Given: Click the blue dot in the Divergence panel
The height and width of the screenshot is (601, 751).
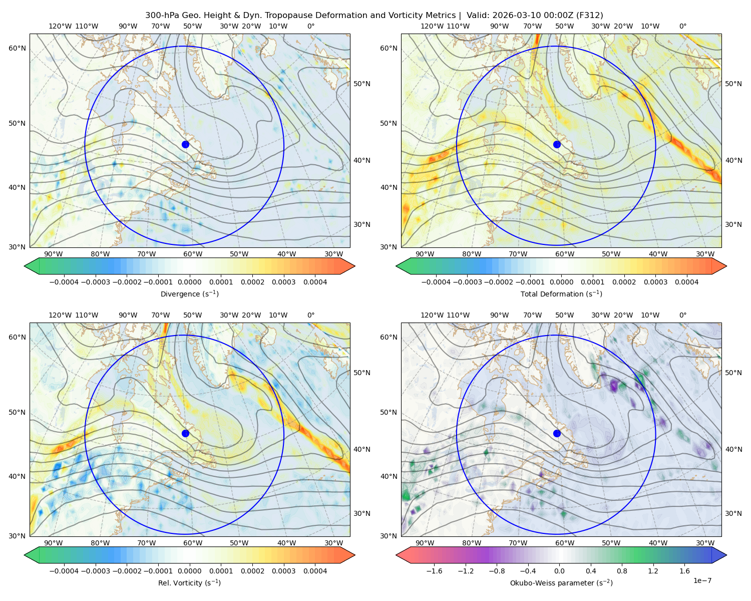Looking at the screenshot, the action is [185, 144].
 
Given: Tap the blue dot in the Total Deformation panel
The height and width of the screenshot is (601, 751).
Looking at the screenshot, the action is [557, 144].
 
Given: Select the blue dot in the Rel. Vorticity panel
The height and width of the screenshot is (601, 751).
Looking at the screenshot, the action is [185, 433].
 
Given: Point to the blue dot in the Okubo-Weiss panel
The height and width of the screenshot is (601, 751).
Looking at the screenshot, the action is [557, 433].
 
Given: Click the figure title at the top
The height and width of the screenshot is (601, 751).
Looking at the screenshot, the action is [374, 16].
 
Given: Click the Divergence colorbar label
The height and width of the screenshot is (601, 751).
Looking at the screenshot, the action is [189, 293].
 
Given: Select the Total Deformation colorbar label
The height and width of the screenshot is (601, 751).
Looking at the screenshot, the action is [561, 293].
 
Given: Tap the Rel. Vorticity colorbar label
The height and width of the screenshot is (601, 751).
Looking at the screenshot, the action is [189, 582].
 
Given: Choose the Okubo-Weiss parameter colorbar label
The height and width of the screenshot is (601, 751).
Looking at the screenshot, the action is [561, 582].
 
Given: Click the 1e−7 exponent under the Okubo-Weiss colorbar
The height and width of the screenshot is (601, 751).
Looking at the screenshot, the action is [702, 580].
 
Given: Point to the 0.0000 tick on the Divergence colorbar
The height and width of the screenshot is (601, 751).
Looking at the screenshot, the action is [189, 282].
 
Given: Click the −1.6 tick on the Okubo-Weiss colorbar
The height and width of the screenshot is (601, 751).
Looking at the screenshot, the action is [434, 571].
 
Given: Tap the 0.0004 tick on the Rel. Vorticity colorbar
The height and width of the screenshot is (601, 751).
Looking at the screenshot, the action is [315, 571].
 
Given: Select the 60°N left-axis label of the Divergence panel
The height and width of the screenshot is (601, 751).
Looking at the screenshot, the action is [17, 48].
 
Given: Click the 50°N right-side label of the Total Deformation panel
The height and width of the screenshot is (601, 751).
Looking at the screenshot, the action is [733, 84].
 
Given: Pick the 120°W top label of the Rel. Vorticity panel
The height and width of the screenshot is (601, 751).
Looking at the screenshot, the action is [60, 315].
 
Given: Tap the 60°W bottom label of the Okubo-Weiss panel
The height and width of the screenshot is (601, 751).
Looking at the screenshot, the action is [564, 543].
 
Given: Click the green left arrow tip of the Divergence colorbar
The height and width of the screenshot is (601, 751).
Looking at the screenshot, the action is [25, 266].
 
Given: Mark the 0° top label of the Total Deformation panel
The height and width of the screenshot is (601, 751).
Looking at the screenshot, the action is [682, 26].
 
